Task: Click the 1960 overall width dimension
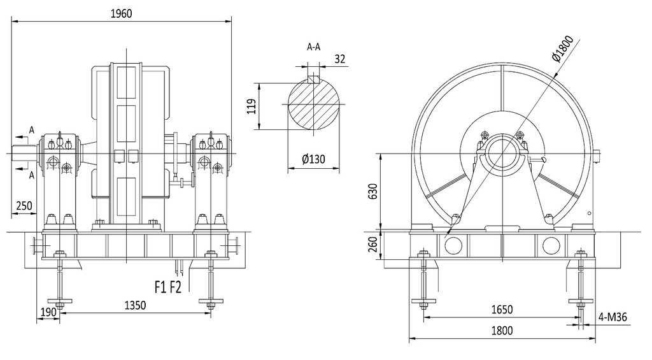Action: point(122,14)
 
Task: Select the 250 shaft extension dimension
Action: point(24,206)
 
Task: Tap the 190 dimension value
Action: point(48,312)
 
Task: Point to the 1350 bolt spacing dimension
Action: point(136,305)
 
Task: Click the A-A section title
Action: point(313,47)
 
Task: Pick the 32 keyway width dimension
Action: point(340,59)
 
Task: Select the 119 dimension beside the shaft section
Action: point(252,106)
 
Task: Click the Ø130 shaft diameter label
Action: point(314,159)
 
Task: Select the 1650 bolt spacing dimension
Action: point(502,310)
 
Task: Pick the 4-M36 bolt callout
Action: point(613,317)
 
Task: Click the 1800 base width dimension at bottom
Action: point(502,331)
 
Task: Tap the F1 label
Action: point(161,287)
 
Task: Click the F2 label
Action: point(176,287)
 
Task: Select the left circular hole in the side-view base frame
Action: point(453,245)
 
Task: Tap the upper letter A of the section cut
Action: point(32,130)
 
